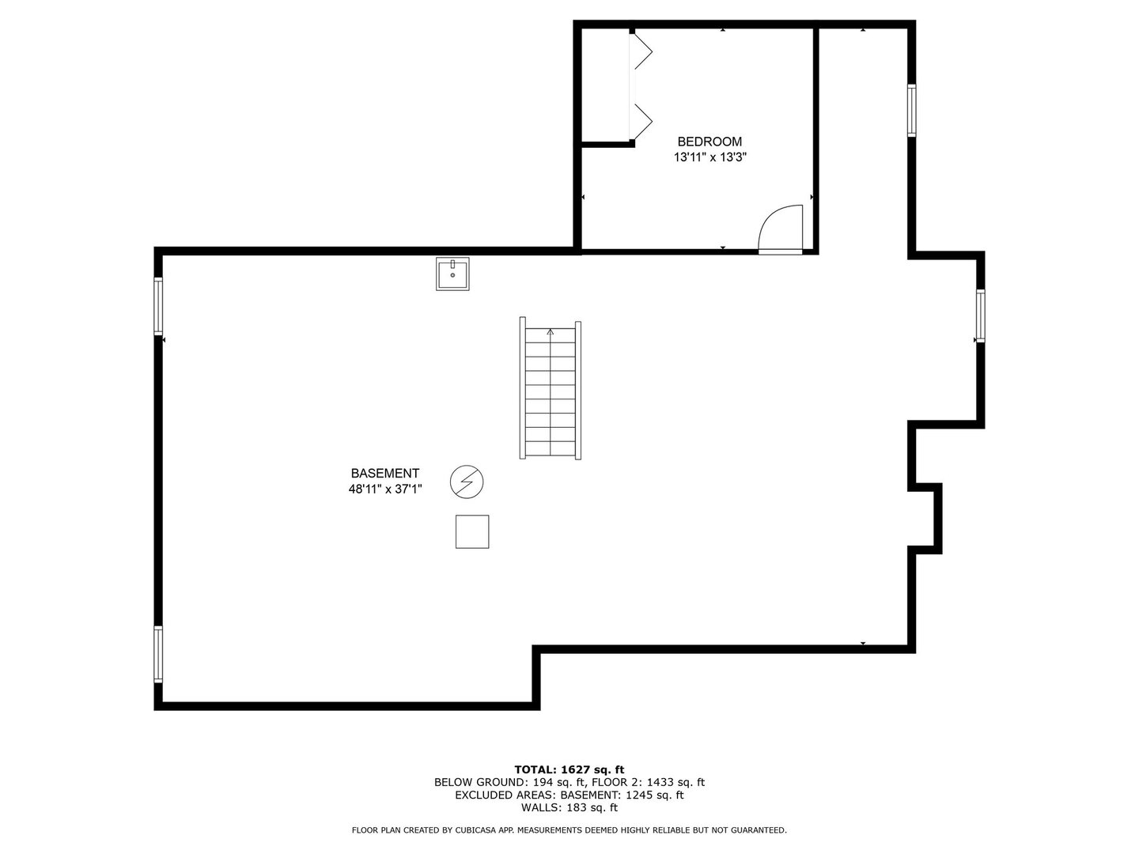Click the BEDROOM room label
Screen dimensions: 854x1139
pos(710,142)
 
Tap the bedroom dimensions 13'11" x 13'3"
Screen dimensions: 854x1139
pos(710,157)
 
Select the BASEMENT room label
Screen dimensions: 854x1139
pos(385,474)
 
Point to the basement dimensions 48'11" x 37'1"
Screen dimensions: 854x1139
pos(385,489)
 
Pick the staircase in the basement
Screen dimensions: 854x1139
pos(551,390)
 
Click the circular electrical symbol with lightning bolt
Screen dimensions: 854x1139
pos(467,482)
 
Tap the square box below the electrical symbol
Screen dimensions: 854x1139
pos(472,531)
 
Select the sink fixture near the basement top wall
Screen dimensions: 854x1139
pos(452,274)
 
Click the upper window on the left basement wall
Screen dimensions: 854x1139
pos(158,306)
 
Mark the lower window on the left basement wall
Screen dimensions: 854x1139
pos(158,654)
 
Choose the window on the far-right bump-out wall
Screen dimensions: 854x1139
pos(981,316)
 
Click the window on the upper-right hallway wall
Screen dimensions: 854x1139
pos(911,111)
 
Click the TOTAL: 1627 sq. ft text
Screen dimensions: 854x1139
pos(569,769)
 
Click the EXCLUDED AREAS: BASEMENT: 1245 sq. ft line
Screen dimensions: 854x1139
pos(569,795)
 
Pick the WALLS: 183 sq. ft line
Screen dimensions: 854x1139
pos(569,808)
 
